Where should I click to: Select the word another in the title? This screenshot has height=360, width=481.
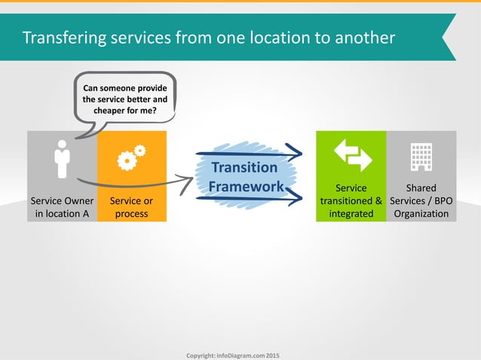[x=362, y=37]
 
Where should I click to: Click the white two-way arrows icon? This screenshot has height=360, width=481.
[x=351, y=154]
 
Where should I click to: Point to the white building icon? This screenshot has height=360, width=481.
[x=421, y=155]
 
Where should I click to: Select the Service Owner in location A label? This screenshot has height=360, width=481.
[x=62, y=207]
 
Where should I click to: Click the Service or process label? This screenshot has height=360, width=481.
[x=132, y=207]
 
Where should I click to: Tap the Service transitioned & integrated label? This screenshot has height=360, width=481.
[x=351, y=201]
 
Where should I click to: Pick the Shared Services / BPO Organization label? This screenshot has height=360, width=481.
[x=421, y=201]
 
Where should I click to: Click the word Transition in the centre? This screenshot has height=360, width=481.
[x=244, y=167]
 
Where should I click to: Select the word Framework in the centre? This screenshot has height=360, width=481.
[x=246, y=186]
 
